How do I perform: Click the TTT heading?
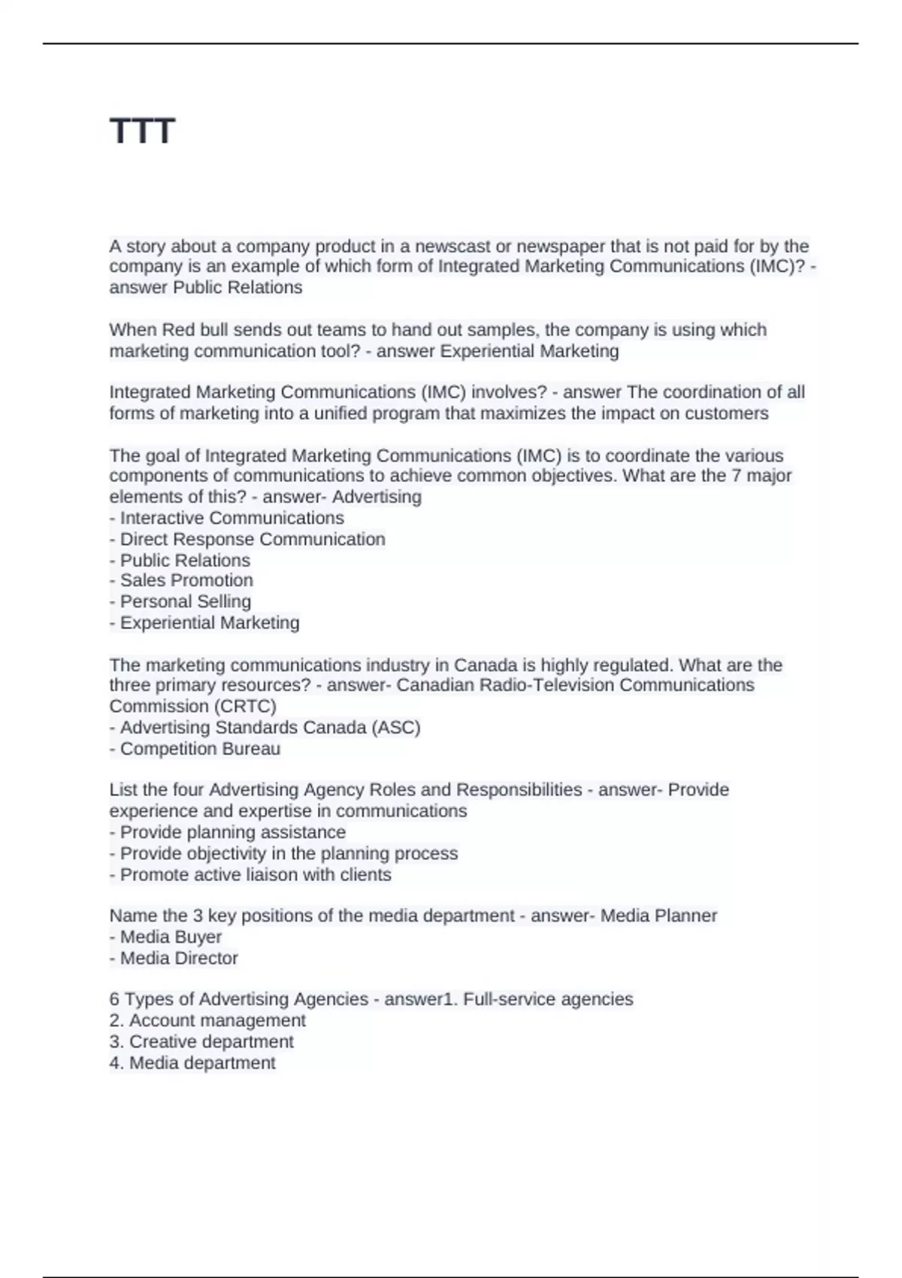[142, 132]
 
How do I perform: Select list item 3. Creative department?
[201, 1042]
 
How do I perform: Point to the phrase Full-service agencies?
[548, 999]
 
